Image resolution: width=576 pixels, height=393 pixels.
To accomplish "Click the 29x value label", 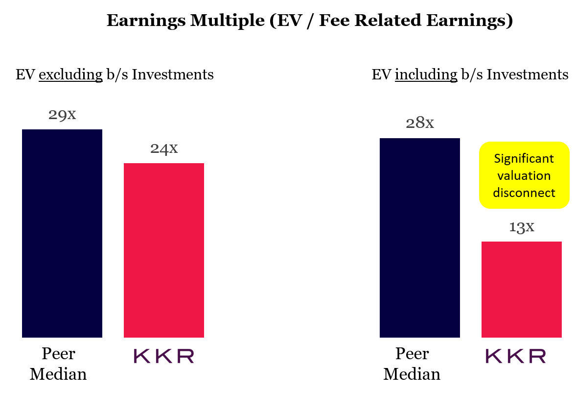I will pos(62,115).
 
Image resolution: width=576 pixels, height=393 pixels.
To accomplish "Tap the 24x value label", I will pos(164,148).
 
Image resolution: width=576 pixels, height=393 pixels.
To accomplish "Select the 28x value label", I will pos(420,123).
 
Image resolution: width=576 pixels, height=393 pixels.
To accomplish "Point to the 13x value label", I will pos(521,227).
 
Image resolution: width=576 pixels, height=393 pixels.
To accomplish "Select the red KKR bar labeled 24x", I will pos(164,250).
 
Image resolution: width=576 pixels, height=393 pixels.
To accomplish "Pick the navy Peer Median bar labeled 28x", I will pos(420,238).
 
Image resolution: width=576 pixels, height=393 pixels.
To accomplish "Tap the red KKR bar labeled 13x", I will pos(521,289).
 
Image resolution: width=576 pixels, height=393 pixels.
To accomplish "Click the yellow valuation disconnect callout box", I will pos(524,175).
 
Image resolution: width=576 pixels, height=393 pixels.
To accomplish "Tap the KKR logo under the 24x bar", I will pos(164,356).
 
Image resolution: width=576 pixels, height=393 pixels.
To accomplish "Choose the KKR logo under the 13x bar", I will pos(516,356).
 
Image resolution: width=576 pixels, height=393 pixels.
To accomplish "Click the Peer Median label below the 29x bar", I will pos(58,364).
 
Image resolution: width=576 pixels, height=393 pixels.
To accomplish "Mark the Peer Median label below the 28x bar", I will pos(412,364).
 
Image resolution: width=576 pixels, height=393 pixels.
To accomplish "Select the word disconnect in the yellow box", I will pos(524,193).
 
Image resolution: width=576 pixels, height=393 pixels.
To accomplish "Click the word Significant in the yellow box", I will pos(524,159).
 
